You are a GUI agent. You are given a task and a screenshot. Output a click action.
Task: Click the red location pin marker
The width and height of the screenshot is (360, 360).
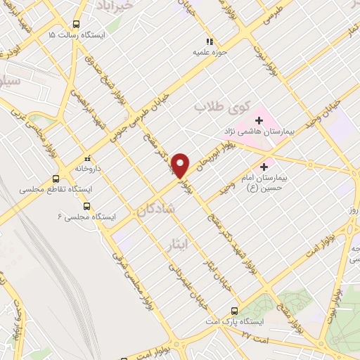pos(181,165)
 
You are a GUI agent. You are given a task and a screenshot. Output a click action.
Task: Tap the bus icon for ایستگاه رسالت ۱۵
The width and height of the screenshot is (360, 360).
pos(76,23)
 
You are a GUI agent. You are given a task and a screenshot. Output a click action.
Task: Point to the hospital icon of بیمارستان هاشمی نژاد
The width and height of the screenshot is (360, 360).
pos(258,120)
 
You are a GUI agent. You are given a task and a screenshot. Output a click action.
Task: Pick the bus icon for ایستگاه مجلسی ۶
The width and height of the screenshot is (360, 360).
pos(87,206)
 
